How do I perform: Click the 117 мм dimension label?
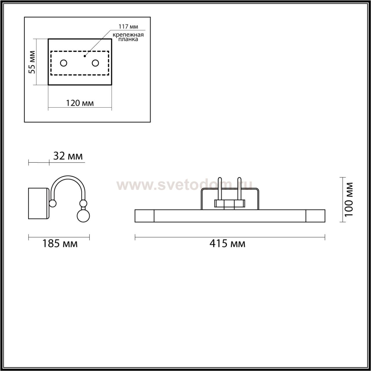(128, 26)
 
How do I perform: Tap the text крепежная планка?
(128, 37)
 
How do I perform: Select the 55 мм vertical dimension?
(32, 62)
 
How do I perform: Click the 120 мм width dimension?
(80, 103)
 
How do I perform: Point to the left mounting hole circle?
(63, 63)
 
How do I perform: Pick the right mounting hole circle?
(95, 63)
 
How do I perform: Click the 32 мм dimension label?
(68, 156)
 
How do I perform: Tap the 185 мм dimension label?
(60, 243)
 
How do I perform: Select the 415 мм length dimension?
(227, 243)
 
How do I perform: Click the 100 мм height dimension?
(349, 199)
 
